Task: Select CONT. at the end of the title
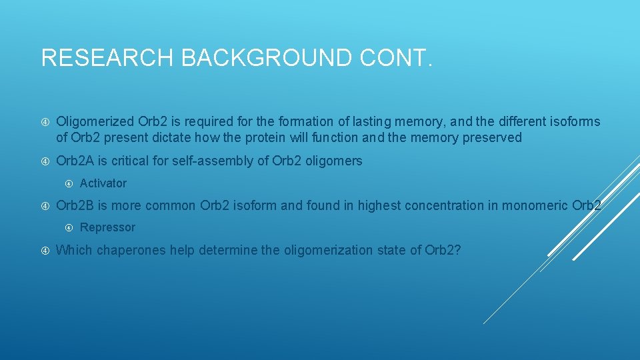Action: tap(397, 57)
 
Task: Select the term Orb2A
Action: tap(75, 161)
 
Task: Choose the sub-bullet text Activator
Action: tap(103, 183)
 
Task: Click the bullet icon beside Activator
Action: tap(70, 183)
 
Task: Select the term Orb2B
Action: tap(75, 205)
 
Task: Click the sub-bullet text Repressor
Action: tap(107, 227)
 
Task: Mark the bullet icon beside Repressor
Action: tap(70, 227)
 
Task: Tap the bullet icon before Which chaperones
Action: tap(45, 250)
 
